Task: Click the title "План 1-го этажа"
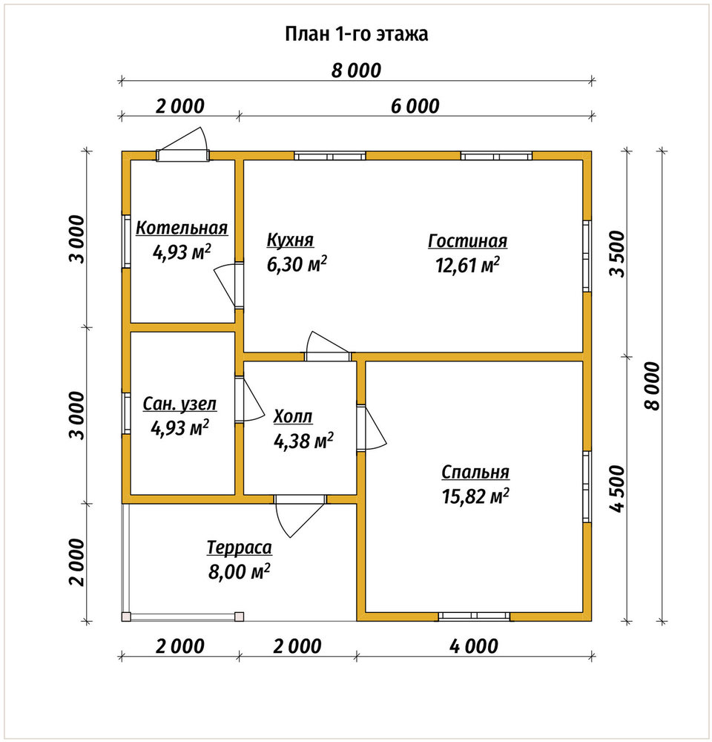356,34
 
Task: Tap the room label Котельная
182,228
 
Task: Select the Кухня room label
290,240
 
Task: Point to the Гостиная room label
467,241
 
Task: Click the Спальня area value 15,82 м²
475,496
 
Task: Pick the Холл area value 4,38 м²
303,441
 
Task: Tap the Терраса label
240,548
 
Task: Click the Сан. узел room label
179,404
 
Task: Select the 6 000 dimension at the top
415,106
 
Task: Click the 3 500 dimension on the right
617,254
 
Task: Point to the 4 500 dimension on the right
617,488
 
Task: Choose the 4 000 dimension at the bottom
474,646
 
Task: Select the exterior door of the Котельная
182,145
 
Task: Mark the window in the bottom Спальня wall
474,616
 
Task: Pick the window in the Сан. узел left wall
126,413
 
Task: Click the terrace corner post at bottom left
126,617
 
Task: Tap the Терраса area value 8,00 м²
239,571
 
